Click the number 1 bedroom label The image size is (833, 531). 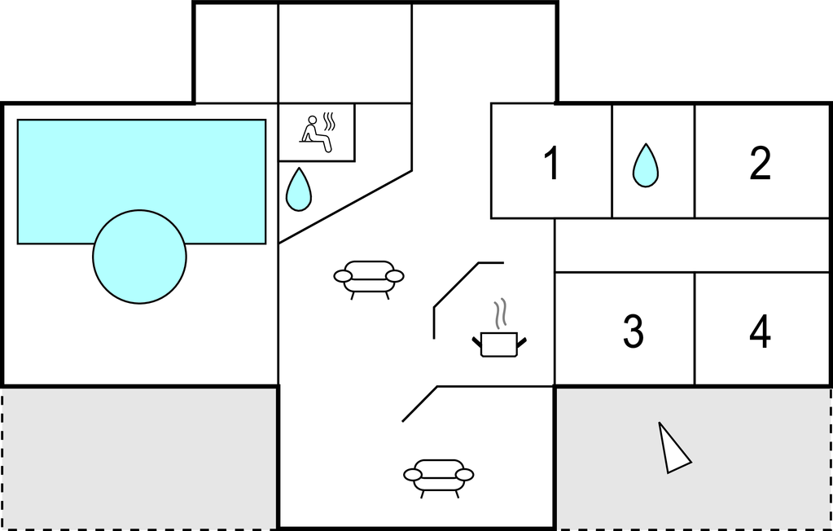[552, 164]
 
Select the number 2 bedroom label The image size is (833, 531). [760, 164]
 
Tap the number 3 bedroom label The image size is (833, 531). [633, 331]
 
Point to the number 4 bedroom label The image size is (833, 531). [760, 331]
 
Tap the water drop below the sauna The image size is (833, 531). [299, 189]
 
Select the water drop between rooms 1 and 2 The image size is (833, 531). [646, 165]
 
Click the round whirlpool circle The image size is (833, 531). [140, 257]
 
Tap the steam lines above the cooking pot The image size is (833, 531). [500, 313]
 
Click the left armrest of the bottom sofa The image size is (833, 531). [413, 475]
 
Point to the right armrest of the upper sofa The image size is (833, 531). [395, 276]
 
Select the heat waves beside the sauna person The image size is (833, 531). [330, 121]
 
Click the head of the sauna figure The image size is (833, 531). [313, 120]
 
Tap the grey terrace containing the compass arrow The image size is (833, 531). [694, 459]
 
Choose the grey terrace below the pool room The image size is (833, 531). [139, 459]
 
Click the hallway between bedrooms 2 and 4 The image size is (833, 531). [693, 245]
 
